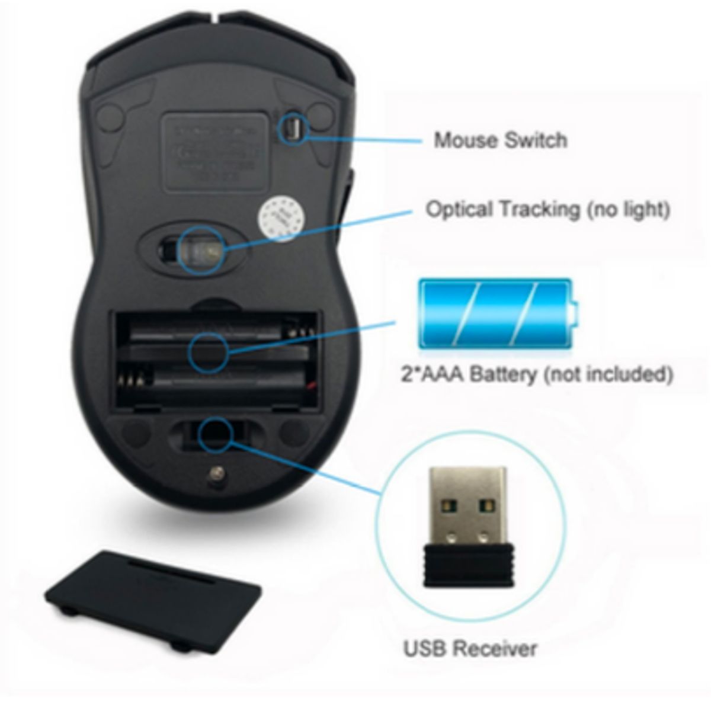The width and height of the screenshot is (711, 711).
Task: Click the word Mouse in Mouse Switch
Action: pos(466,140)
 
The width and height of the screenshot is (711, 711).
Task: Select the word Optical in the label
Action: pos(460,210)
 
